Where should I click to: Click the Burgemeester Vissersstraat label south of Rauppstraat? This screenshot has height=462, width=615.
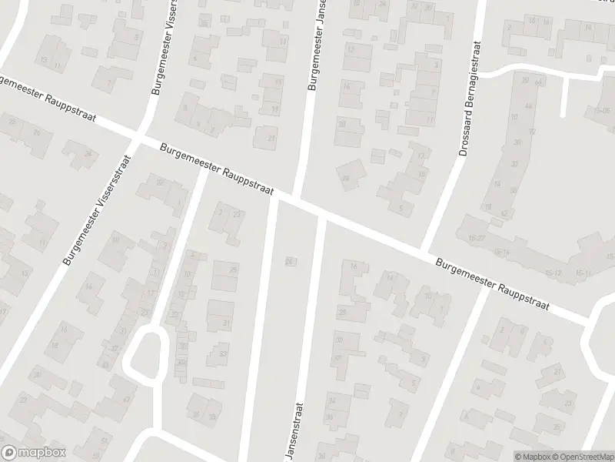click(x=98, y=210)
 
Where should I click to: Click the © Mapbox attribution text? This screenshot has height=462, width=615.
click(x=532, y=456)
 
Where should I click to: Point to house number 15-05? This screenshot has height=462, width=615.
click(x=601, y=111)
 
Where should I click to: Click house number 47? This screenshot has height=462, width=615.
click(x=126, y=400)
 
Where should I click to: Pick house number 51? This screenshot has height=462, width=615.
click(x=105, y=440)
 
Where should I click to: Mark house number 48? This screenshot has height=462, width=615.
click(x=528, y=106)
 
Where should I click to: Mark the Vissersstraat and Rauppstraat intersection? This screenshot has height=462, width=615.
click(x=138, y=136)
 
